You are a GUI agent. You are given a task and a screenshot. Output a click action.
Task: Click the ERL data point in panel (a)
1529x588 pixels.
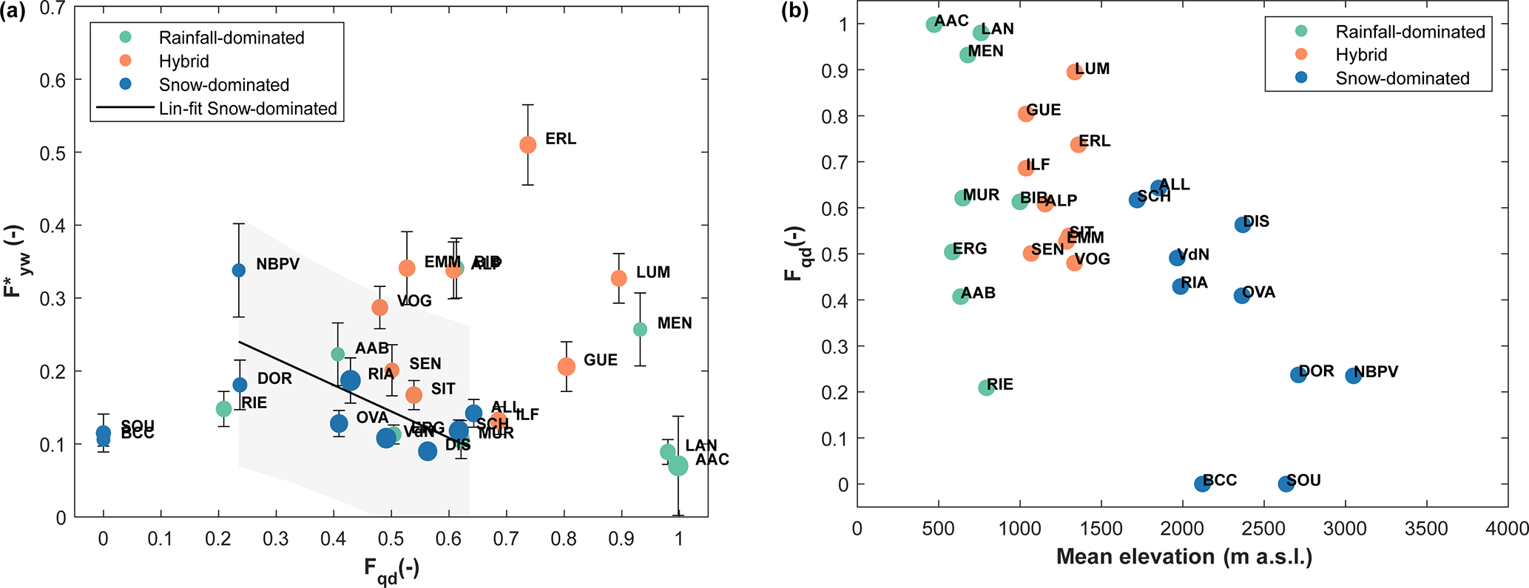point(527,145)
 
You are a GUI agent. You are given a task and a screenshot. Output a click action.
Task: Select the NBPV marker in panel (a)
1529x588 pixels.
point(239,271)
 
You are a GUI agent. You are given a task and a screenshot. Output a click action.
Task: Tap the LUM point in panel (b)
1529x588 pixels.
point(1075,72)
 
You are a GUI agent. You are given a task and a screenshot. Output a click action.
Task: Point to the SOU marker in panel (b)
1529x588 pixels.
point(1286,484)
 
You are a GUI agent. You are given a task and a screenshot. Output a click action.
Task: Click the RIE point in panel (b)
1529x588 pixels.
point(986,388)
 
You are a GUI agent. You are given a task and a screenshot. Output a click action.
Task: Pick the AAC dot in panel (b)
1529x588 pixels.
point(934,24)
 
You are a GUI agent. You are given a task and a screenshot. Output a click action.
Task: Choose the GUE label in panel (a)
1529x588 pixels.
point(600,360)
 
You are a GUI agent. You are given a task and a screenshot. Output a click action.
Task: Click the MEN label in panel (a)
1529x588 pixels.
point(675,323)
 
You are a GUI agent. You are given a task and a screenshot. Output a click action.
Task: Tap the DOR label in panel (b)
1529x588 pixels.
point(1317,371)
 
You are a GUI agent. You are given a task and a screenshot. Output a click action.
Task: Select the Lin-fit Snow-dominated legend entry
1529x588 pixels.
point(248,109)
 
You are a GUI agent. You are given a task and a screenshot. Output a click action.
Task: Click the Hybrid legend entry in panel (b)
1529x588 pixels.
point(1361,55)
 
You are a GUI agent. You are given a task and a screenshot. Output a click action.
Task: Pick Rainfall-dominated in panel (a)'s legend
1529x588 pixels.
point(232,38)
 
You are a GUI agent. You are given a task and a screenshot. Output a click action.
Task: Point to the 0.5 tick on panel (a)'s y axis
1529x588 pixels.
point(54,153)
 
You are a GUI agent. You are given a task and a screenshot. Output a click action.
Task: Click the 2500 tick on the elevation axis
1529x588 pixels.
point(1263,529)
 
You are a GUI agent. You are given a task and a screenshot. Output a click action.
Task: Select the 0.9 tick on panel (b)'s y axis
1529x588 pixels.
point(836,70)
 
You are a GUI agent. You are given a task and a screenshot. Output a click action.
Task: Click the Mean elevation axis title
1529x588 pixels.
point(1184,557)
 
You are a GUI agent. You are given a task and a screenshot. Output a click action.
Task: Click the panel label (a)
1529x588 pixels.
point(13,12)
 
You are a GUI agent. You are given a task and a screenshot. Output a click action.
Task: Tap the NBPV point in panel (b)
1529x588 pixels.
point(1354,376)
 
